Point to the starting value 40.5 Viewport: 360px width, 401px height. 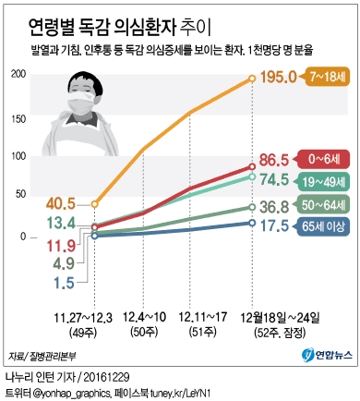point(58,202)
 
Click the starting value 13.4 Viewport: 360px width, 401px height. point(58,223)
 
